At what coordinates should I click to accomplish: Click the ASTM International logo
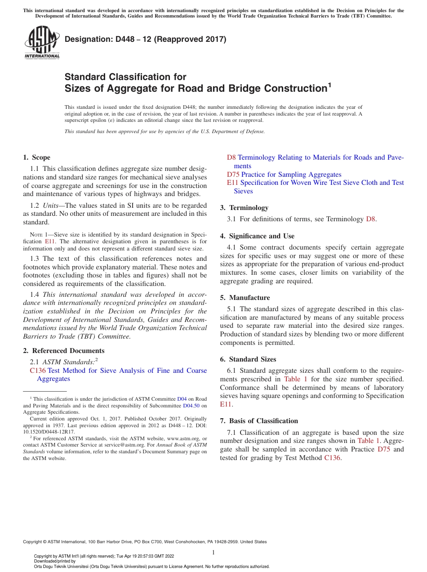point(41,43)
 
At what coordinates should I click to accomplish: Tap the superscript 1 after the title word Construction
point(329,85)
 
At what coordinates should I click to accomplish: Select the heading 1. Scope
point(36,157)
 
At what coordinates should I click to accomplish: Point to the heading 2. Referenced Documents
point(63,351)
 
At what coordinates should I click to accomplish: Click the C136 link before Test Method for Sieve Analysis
point(38,371)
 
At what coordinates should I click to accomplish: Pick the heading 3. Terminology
point(244,208)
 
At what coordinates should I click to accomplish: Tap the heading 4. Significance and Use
point(257,236)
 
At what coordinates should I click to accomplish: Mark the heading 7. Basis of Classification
point(259,421)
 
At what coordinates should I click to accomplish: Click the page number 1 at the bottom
point(213,552)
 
